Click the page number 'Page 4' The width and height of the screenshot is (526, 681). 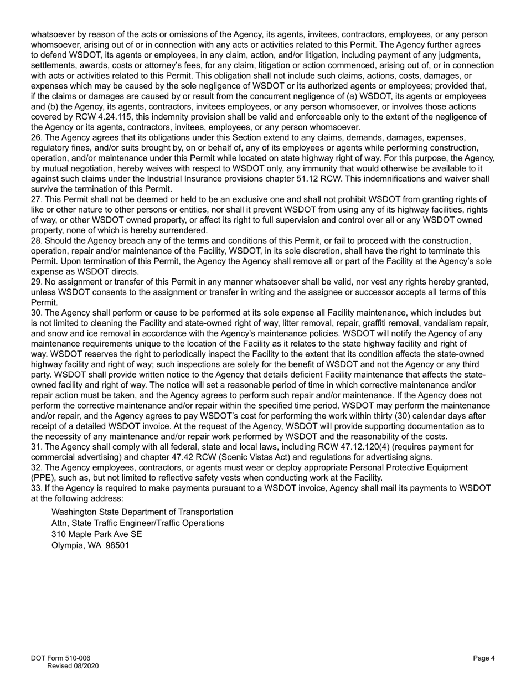pyautogui.click(x=484, y=658)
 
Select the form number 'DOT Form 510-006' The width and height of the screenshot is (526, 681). pyautogui.click(x=60, y=658)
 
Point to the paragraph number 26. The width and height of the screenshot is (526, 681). pyautogui.click(x=36, y=137)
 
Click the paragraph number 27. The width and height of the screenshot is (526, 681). pyautogui.click(x=36, y=199)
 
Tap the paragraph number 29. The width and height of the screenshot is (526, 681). pyautogui.click(x=36, y=282)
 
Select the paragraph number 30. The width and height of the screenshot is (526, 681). pyautogui.click(x=36, y=313)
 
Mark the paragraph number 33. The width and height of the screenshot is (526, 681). pyautogui.click(x=36, y=488)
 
